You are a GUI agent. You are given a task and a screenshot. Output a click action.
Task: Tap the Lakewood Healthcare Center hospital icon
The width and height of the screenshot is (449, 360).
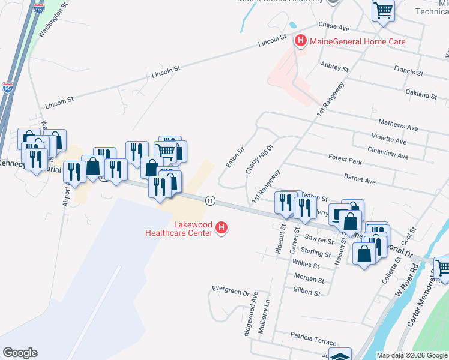coord(221,228)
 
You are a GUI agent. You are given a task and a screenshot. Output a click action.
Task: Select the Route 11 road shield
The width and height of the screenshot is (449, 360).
coord(209,200)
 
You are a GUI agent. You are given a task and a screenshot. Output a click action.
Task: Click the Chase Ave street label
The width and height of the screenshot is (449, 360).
coord(334,27)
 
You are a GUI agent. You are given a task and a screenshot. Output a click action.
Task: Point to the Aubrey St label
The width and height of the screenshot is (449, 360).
coord(335,65)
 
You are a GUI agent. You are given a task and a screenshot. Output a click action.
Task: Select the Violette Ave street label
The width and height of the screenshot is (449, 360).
coord(388,142)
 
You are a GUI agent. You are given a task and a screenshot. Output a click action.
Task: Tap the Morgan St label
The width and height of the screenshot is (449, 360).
coord(309,280)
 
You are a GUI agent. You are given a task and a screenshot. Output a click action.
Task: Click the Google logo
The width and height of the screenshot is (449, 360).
coord(20,353)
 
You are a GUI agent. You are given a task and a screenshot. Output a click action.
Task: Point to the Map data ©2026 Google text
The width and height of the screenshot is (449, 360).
coord(412,355)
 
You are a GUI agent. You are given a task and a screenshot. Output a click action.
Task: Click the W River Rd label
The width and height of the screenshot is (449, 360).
coord(406,284)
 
